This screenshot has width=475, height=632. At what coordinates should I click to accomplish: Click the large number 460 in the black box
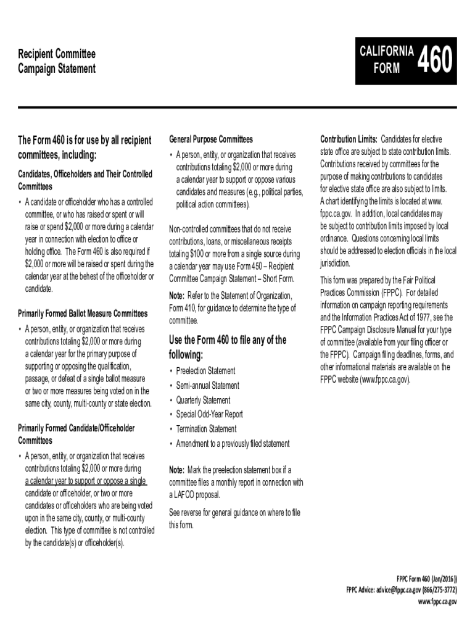(x=436, y=62)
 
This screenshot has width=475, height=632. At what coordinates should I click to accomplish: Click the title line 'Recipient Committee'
(x=57, y=54)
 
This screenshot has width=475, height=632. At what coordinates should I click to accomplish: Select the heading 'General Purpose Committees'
(x=210, y=139)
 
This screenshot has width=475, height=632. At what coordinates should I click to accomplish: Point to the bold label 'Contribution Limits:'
(x=349, y=139)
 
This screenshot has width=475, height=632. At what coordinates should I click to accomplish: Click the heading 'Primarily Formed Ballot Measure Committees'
(x=83, y=314)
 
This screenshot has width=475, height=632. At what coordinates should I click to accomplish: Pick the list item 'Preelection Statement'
(x=205, y=371)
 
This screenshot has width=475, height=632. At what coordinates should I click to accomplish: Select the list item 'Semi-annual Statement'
(x=207, y=386)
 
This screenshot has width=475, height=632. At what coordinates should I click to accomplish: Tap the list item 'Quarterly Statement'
(x=203, y=400)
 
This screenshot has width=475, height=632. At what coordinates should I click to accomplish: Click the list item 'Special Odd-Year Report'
(x=209, y=414)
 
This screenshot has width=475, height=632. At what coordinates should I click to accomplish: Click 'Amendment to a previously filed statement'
(x=233, y=443)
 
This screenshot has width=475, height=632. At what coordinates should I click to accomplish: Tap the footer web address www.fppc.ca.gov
(x=437, y=601)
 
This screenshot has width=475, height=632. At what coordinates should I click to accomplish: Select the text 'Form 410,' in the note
(x=183, y=308)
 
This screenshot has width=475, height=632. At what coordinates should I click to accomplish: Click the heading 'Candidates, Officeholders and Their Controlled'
(x=85, y=175)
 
